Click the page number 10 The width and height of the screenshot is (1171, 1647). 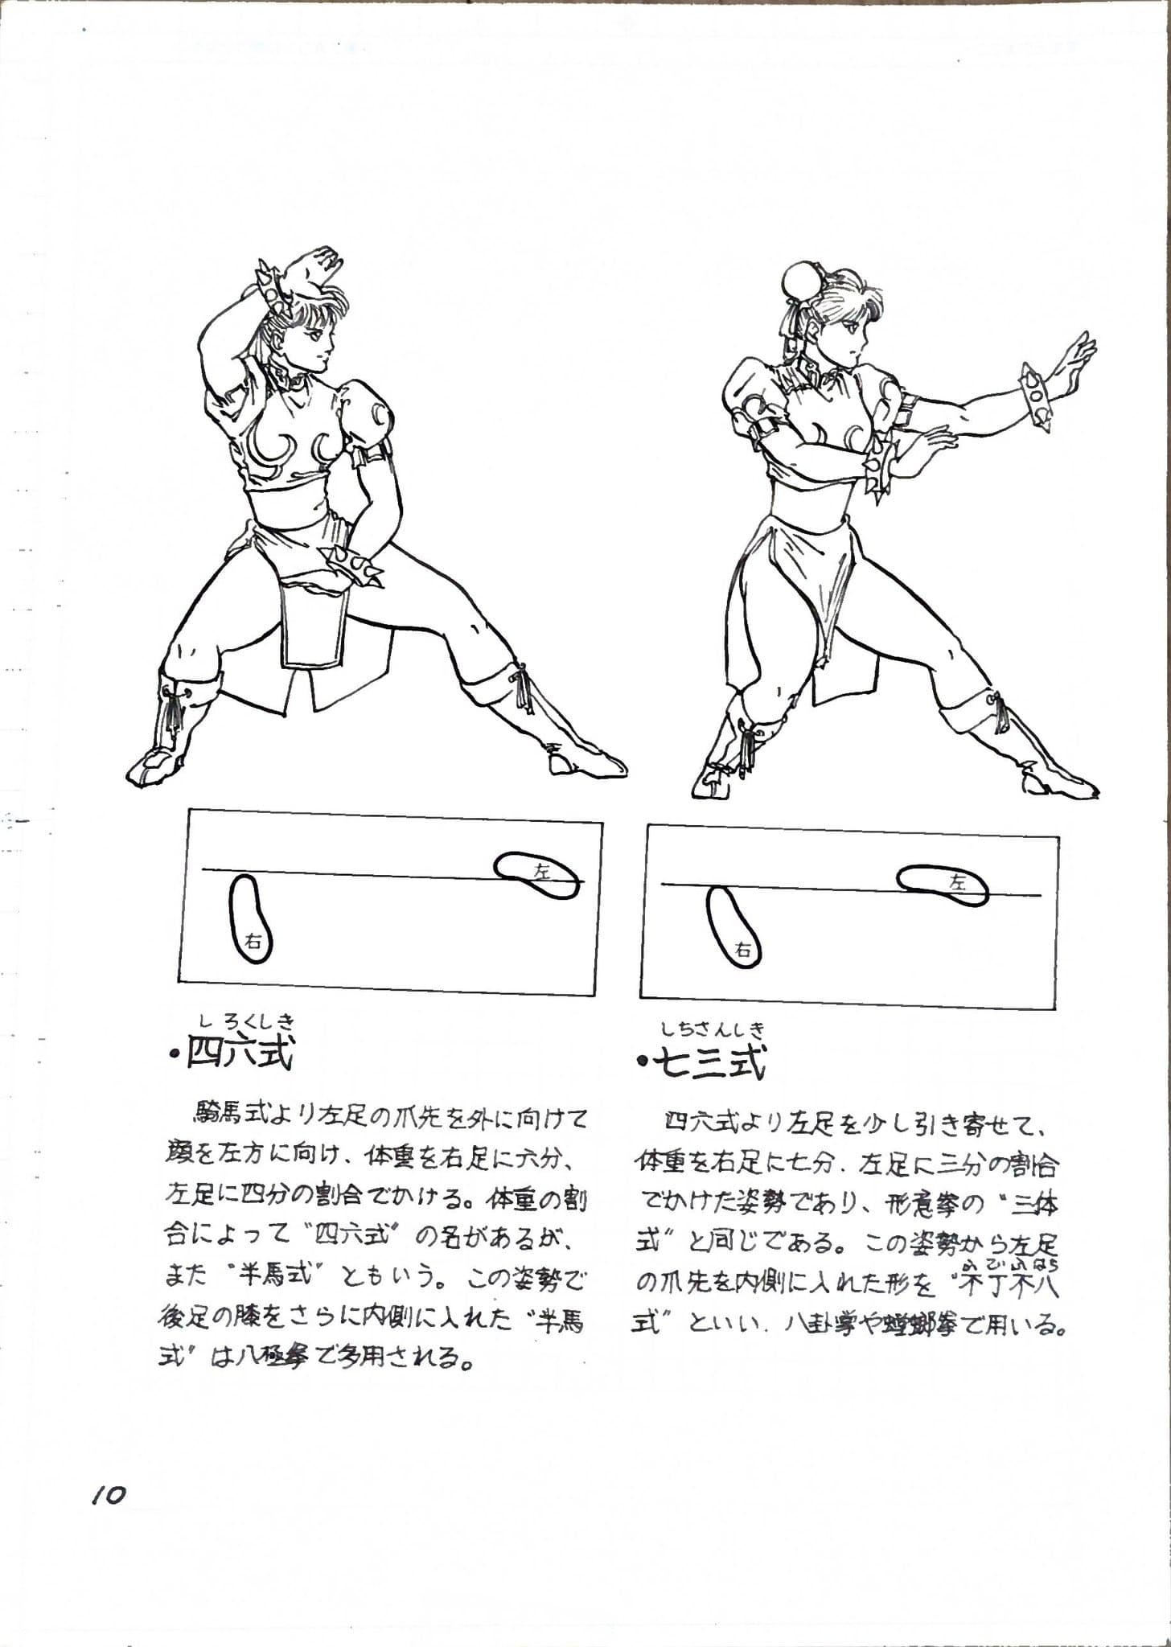(109, 1496)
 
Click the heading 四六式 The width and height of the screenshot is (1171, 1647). (240, 1053)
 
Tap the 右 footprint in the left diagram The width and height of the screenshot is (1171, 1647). (250, 919)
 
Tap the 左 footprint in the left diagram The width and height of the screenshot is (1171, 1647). (537, 875)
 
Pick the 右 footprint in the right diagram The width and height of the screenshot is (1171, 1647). (733, 926)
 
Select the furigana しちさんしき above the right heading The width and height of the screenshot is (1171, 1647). (713, 1029)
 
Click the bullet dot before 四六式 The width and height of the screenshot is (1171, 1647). (174, 1054)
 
